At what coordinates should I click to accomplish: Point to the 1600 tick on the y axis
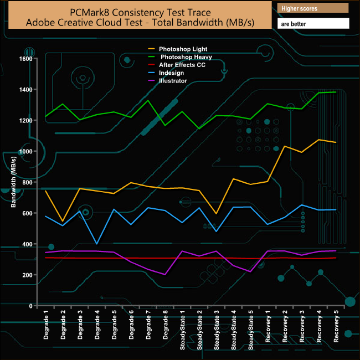pyautogui.click(x=25, y=59)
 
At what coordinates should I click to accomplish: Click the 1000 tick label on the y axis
pyautogui.click(x=25, y=151)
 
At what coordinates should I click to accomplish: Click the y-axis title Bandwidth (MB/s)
pyautogui.click(x=13, y=181)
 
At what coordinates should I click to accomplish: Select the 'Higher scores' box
pyautogui.click(x=313, y=8)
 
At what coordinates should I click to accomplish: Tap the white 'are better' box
pyautogui.click(x=313, y=24)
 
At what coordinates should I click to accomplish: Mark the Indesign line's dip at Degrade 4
pyautogui.click(x=97, y=244)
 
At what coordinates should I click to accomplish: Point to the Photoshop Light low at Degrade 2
pyautogui.click(x=63, y=222)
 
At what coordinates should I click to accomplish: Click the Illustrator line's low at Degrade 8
pyautogui.click(x=165, y=274)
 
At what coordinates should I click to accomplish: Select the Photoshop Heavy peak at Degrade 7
pyautogui.click(x=148, y=100)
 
